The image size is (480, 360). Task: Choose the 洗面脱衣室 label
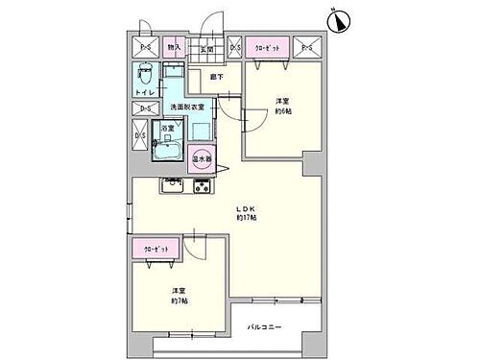[188, 107]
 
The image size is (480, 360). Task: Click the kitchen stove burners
[203, 185]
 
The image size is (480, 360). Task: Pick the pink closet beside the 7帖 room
[156, 250]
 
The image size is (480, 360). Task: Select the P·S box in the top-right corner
[307, 47]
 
